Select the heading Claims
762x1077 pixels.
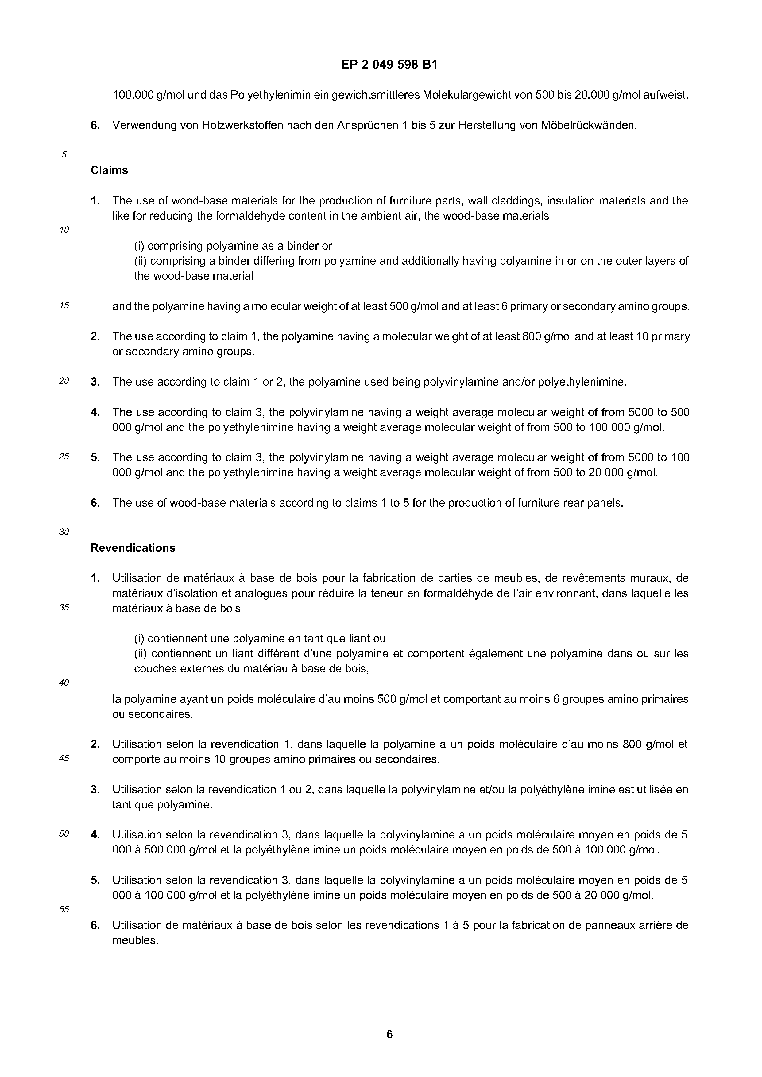point(109,170)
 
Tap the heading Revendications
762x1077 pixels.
point(133,548)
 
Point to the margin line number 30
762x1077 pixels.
point(64,532)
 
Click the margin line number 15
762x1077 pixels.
point(64,305)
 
